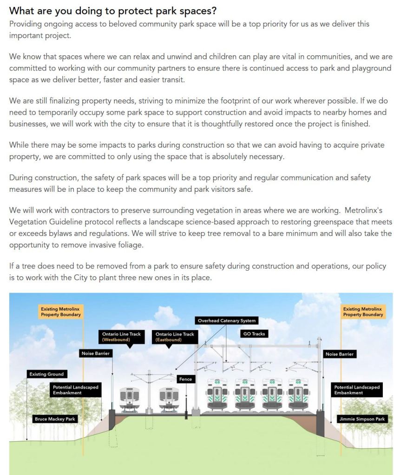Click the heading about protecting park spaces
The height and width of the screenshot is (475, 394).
113,11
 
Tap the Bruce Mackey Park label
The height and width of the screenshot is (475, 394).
55,419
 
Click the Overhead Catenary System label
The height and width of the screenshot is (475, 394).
226,320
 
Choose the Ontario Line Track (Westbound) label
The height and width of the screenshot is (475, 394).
121,337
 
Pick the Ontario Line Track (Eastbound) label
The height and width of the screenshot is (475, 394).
175,337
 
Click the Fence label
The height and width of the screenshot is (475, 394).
185,379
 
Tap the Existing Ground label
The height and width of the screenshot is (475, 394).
46,374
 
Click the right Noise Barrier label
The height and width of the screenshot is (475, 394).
339,354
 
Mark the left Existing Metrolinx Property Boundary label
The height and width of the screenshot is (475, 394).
60,312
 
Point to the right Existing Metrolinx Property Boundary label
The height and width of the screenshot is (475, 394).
363,312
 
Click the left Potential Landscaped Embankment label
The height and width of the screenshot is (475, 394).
75,390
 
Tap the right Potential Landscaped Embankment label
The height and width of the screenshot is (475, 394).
357,390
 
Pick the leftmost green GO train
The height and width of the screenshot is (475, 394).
217,395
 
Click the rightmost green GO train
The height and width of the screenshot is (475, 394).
298,395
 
